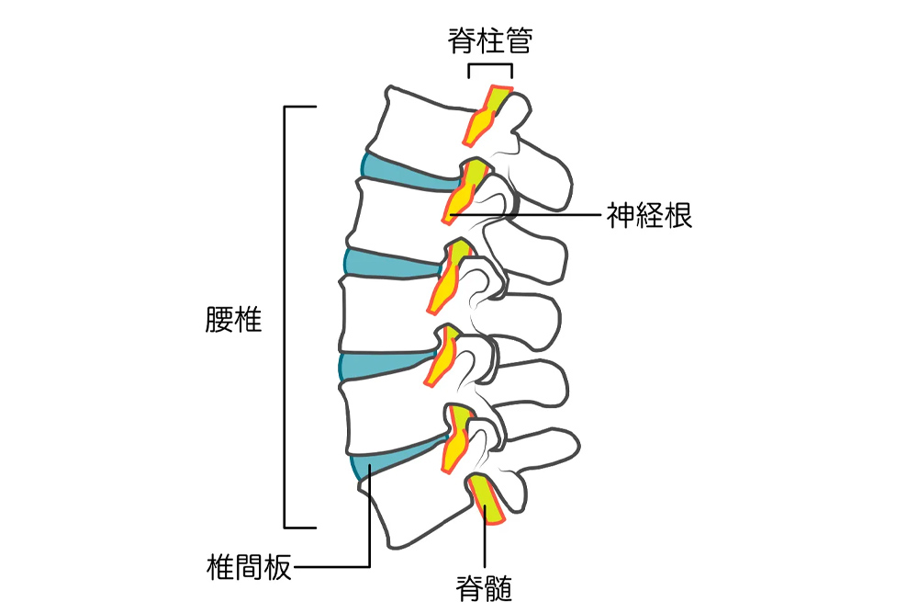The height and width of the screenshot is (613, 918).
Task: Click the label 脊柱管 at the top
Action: [x=490, y=40]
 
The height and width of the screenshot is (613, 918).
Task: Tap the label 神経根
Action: [x=649, y=215]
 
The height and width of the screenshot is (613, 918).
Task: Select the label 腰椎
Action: [x=233, y=320]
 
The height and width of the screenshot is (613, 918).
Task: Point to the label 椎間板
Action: [x=249, y=567]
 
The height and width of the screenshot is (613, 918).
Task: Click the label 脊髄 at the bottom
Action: [x=484, y=588]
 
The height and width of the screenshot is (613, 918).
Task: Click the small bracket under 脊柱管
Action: [x=490, y=65]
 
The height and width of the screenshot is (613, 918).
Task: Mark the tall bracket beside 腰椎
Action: [x=285, y=317]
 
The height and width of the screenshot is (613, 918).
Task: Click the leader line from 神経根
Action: [x=525, y=215]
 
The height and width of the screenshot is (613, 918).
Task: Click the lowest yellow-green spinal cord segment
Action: [x=486, y=499]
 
